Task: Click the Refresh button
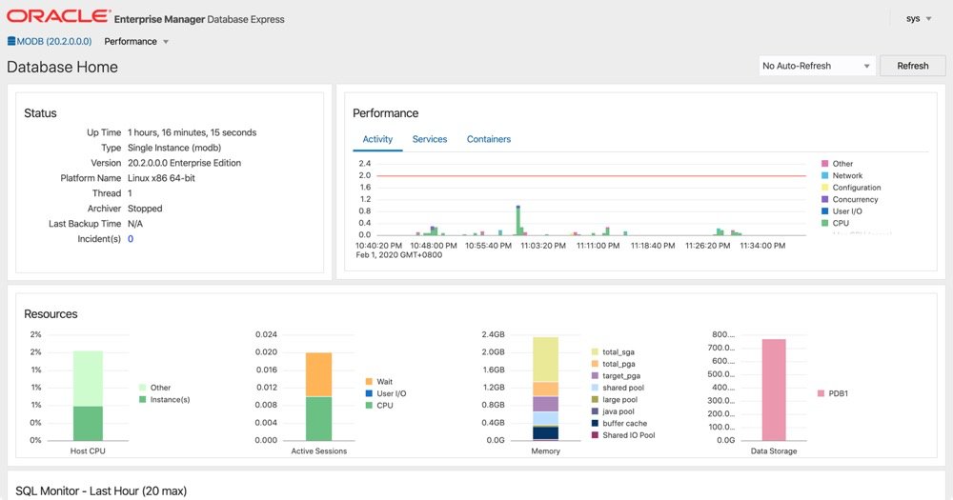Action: [912, 66]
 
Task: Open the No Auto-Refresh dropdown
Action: [817, 66]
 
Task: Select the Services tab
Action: [430, 139]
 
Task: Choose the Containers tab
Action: [488, 139]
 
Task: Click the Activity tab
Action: [377, 139]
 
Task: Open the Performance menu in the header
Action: [136, 42]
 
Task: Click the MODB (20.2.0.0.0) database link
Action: [50, 42]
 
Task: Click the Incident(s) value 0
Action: [131, 239]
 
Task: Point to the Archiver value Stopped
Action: [145, 209]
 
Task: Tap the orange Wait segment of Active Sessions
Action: [318, 374]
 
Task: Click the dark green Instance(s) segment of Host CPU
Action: [88, 423]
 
